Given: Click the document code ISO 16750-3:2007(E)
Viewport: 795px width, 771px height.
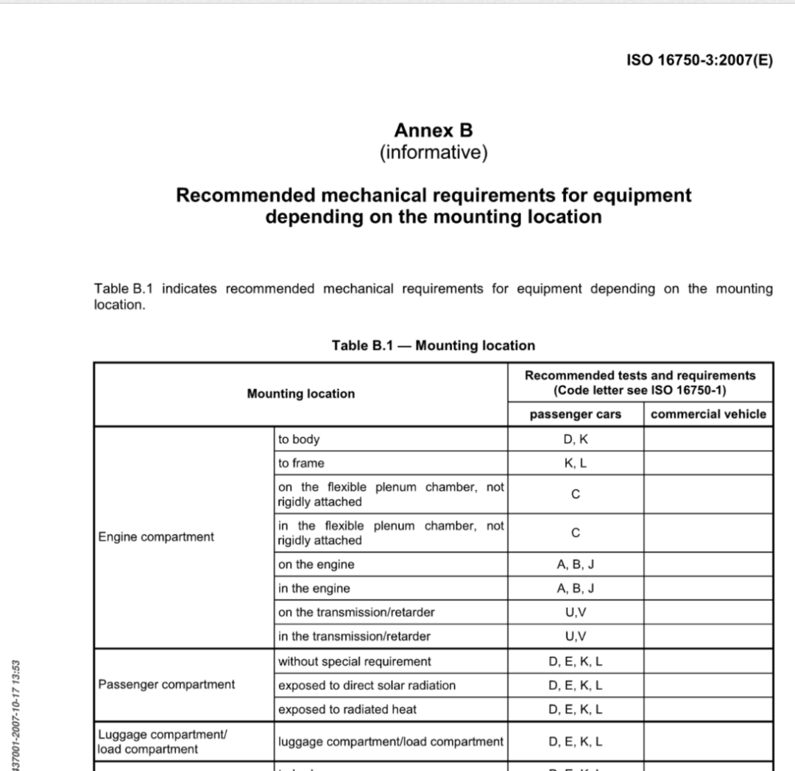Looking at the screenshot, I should click(699, 60).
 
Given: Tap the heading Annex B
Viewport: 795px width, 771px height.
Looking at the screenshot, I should click(434, 130).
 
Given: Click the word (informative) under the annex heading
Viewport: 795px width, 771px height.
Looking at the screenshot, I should click(434, 152).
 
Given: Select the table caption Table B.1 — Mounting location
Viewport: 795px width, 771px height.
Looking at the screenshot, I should click(434, 345).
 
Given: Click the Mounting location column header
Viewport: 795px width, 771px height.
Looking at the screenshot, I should click(300, 394).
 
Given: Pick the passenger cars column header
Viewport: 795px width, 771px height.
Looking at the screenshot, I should click(576, 414).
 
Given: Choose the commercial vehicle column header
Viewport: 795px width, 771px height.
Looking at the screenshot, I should click(708, 414).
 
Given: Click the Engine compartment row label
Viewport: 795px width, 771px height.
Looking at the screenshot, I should click(156, 537).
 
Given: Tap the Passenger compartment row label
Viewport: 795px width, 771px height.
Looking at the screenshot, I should click(166, 685).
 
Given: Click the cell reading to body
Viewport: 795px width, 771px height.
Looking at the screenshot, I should click(299, 439).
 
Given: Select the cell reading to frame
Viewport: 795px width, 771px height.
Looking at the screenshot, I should click(301, 463).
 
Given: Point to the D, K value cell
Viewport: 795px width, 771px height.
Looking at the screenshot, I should click(576, 439).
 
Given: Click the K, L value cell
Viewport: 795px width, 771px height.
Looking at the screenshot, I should click(576, 463).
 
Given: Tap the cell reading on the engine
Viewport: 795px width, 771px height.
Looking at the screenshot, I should click(316, 565).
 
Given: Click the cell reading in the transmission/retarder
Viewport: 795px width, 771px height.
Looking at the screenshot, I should click(354, 636).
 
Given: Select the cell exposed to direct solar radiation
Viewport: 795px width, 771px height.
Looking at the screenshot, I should click(367, 685).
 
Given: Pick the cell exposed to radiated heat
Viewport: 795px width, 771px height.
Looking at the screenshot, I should click(347, 709).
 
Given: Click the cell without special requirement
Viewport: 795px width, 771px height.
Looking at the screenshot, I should click(355, 661).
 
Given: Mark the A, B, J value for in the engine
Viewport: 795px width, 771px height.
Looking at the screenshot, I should click(576, 589).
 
